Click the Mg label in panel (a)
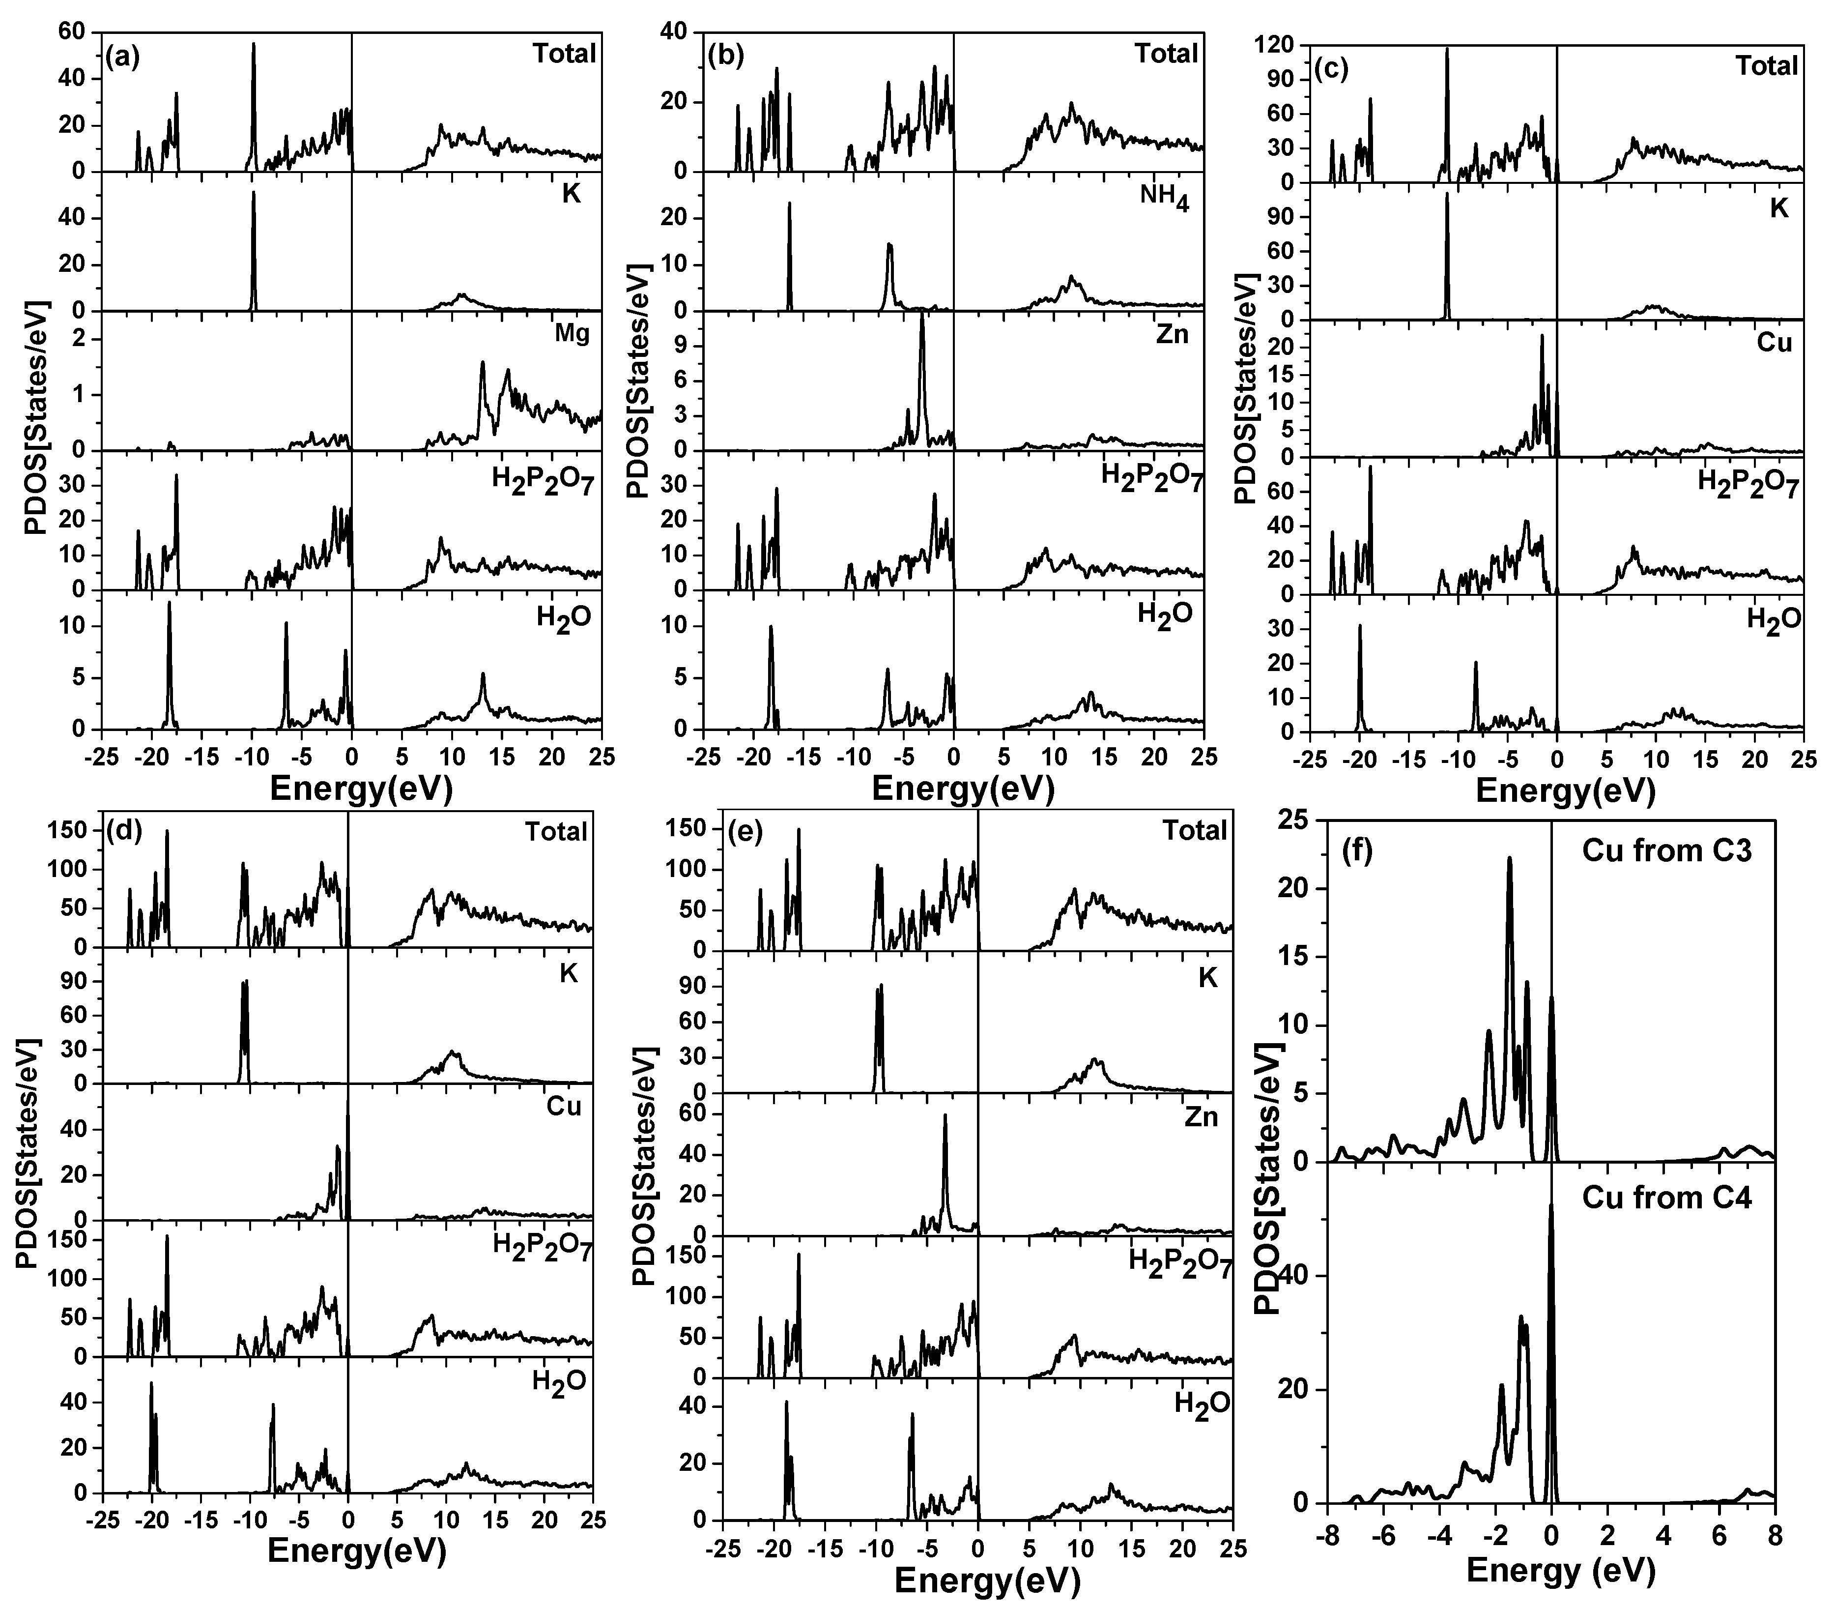click(x=572, y=335)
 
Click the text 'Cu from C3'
click(x=1666, y=851)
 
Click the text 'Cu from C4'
click(x=1666, y=1198)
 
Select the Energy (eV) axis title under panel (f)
click(x=1561, y=1569)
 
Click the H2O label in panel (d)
click(x=559, y=1381)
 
